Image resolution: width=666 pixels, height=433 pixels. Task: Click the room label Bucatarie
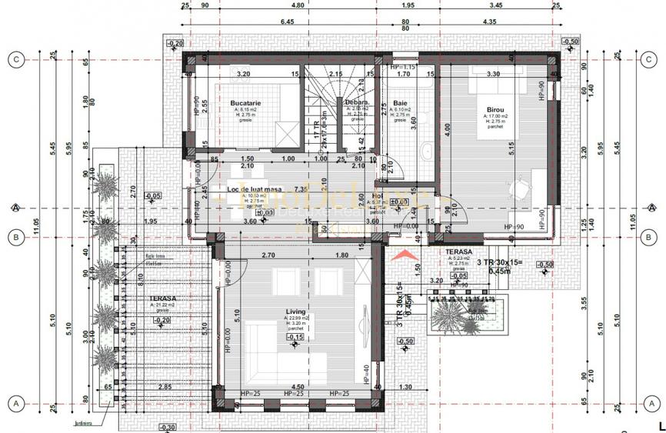[x=246, y=102]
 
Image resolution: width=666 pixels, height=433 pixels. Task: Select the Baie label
[x=400, y=102]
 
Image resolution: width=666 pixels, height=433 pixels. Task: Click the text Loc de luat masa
[x=255, y=188]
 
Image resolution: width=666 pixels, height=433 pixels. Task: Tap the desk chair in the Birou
[x=523, y=185]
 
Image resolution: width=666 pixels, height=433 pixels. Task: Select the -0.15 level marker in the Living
[x=295, y=336]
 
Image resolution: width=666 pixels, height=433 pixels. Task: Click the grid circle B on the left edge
[x=15, y=237]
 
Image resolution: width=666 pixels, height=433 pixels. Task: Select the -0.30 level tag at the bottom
[x=168, y=427]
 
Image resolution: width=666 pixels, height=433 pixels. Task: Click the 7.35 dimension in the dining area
[x=300, y=188]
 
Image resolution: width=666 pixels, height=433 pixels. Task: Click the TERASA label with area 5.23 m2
[x=458, y=251]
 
